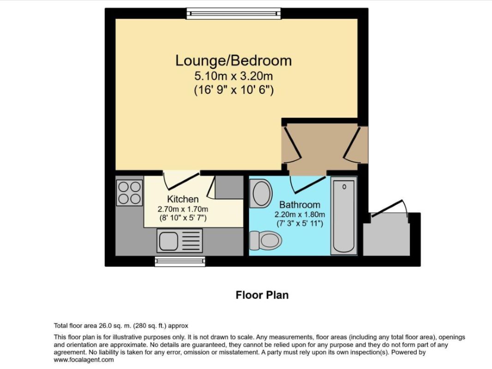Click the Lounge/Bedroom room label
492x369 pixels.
point(234,60)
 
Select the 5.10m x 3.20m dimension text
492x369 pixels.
point(234,76)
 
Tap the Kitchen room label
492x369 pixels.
point(183,199)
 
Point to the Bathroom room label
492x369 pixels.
point(300,204)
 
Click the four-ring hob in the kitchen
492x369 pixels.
point(129,193)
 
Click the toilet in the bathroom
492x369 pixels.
point(266,240)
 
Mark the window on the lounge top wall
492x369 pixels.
point(234,13)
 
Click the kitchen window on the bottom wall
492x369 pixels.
point(179,262)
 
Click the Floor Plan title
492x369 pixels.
point(262,295)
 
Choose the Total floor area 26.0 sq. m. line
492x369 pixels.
point(121,326)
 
